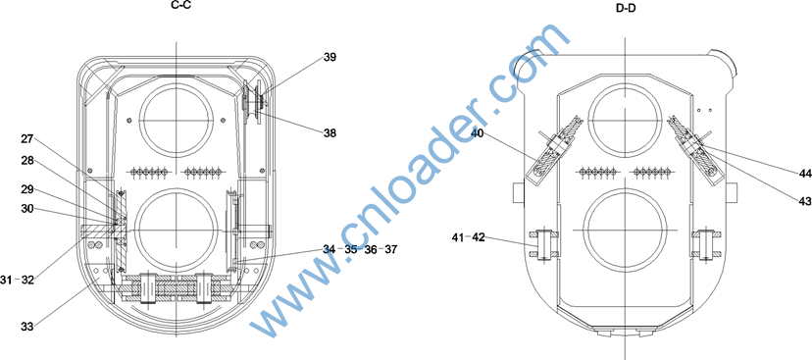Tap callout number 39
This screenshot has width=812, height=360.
pos(330,57)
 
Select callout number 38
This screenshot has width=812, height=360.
pos(330,133)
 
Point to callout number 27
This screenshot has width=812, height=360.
pos(27,139)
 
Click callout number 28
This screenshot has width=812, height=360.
pos(27,161)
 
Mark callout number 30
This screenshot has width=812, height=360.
pos(27,208)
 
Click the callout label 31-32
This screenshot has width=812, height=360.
pos(17,281)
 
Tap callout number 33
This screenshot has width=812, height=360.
pos(27,327)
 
